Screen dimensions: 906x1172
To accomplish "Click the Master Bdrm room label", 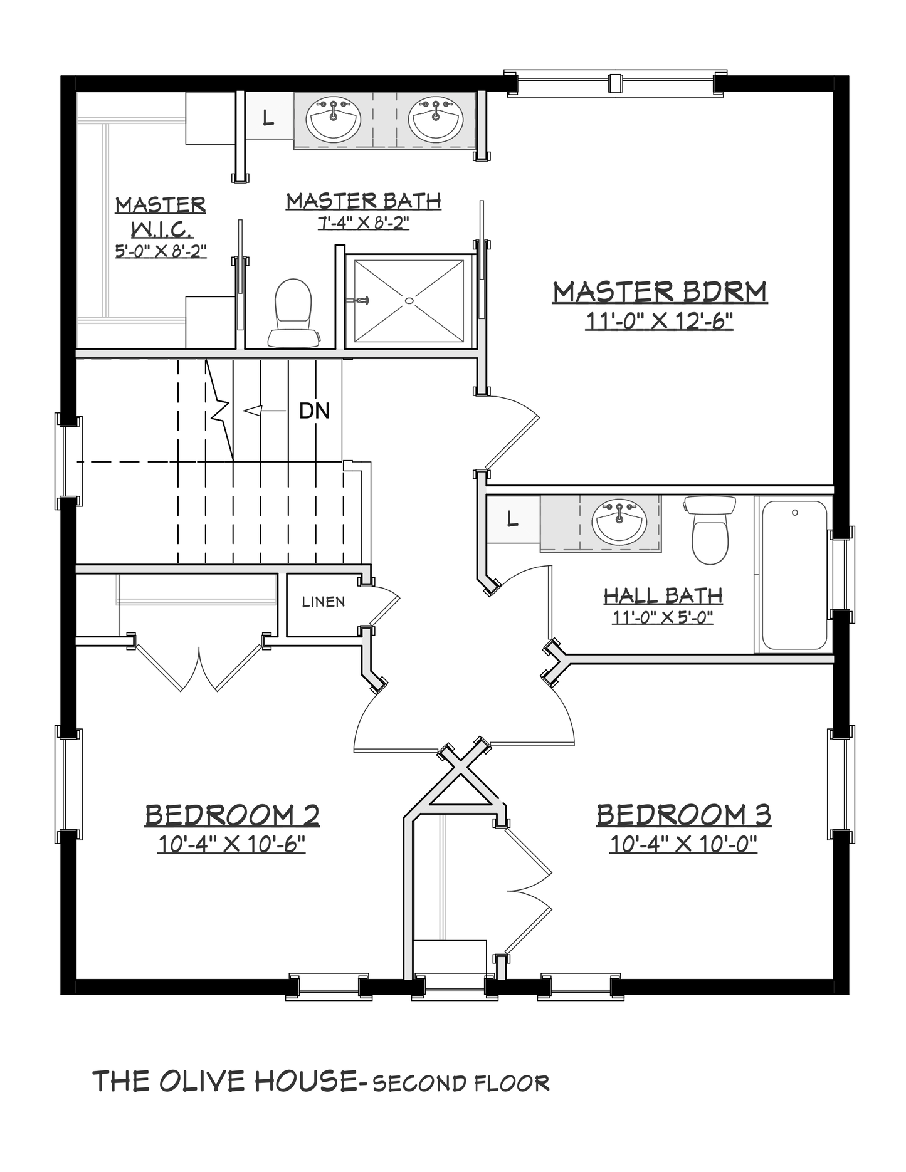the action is point(660,292).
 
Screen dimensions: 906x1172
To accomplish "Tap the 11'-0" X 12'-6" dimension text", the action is point(659,321).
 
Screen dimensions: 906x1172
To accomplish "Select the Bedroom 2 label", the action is point(232,815).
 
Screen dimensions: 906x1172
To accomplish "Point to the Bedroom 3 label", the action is point(683,815).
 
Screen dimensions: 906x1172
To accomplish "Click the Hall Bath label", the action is point(663,595).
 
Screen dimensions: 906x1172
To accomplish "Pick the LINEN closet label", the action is point(324,602).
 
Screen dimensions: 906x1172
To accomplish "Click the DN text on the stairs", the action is point(314,411).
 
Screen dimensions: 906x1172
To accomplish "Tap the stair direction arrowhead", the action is point(252,411).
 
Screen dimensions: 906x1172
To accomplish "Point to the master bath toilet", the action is point(294,313).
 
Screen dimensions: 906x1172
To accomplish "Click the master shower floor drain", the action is point(409,300).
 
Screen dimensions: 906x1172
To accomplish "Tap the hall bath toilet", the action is point(710,530).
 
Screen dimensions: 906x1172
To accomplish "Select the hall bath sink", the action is point(619,521).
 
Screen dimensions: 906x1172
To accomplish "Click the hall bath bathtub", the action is point(794,575).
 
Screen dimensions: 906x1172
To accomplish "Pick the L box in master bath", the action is point(268,117).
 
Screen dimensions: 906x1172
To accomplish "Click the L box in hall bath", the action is point(513,519).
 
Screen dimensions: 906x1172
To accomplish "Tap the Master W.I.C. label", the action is point(161,226).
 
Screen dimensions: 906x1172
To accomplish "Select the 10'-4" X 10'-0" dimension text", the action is point(683,844).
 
